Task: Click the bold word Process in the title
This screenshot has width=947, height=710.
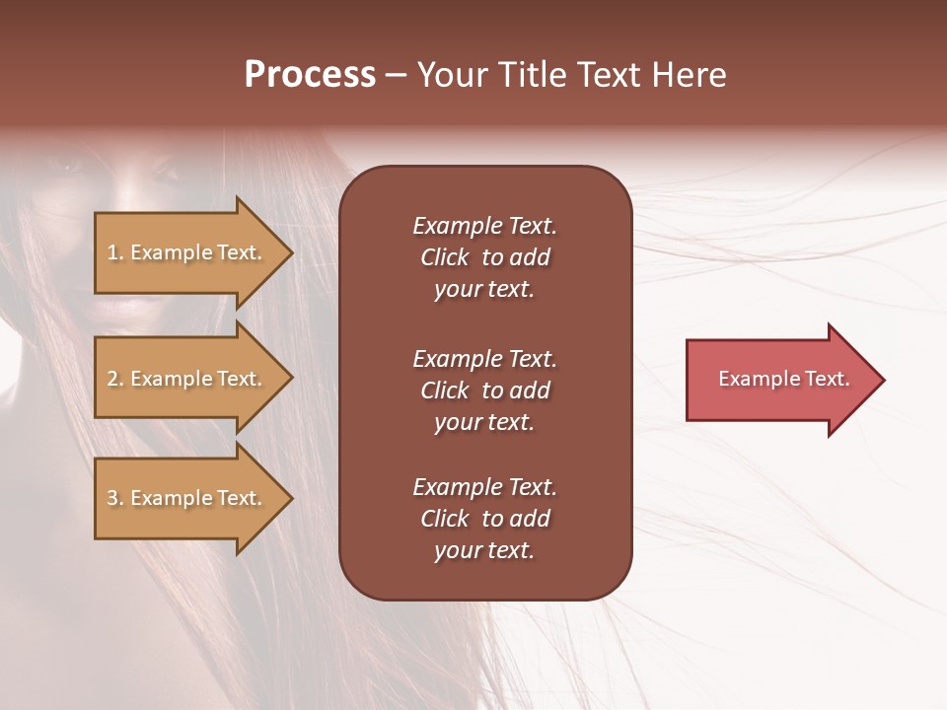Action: [x=310, y=75]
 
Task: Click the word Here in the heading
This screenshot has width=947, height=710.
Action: [x=688, y=75]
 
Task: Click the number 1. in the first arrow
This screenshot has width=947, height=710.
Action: [x=115, y=252]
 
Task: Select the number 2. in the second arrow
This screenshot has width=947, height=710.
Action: [x=115, y=379]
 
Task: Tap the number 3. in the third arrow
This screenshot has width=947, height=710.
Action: [x=115, y=498]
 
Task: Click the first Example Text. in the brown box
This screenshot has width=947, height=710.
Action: [x=484, y=226]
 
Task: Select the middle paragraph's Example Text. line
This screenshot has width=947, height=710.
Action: [x=484, y=359]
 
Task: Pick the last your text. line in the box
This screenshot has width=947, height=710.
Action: [x=484, y=550]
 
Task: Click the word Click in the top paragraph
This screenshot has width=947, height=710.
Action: [x=445, y=257]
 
